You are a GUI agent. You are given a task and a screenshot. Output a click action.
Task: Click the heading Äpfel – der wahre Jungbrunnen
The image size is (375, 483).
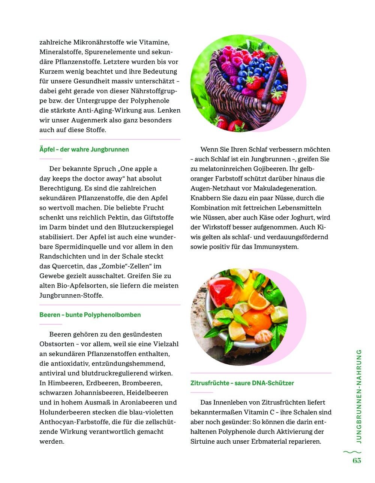[x=84, y=149]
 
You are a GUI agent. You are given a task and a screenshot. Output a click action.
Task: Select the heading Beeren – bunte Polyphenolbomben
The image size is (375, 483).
[x=90, y=315]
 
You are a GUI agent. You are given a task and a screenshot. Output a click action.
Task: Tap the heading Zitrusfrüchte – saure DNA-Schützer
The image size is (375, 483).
[x=242, y=383]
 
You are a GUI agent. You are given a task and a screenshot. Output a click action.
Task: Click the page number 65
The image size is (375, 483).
[x=357, y=461]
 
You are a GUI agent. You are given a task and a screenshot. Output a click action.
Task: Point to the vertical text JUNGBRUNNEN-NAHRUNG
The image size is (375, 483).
[x=359, y=396]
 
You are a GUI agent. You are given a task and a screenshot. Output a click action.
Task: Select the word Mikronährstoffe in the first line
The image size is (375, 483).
[x=105, y=42]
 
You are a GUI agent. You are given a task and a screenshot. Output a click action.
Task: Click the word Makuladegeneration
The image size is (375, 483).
[x=285, y=188]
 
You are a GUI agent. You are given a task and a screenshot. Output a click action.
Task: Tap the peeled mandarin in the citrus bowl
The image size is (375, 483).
[x=262, y=335]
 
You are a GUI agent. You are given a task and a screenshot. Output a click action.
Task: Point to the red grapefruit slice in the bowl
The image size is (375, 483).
[x=221, y=286]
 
